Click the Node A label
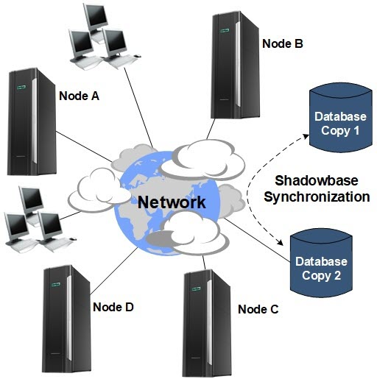[79, 95]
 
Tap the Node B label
[283, 44]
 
